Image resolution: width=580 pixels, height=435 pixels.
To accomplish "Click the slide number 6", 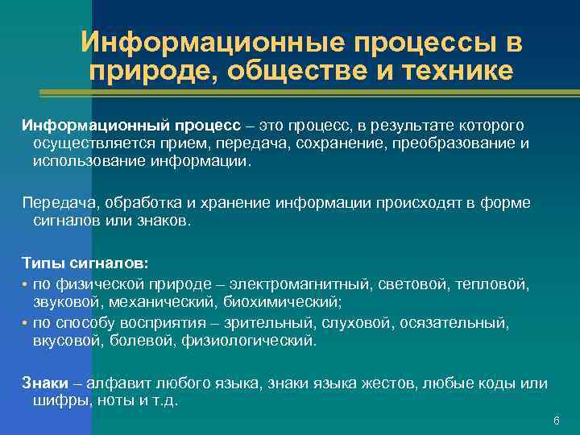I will [556, 421].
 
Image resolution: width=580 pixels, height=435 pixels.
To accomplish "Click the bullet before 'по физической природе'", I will [26, 284].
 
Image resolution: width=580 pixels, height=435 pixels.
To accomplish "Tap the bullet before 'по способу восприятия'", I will [26, 323].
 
